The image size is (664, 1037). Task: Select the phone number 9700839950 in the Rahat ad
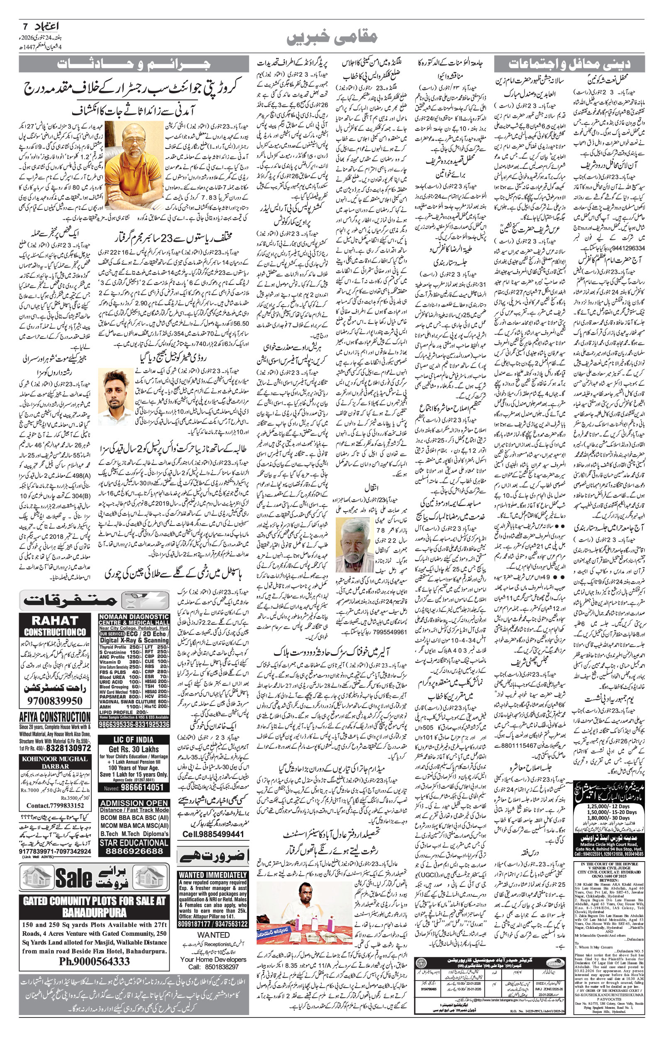tap(54, 701)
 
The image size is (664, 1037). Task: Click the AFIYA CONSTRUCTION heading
tap(55, 717)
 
